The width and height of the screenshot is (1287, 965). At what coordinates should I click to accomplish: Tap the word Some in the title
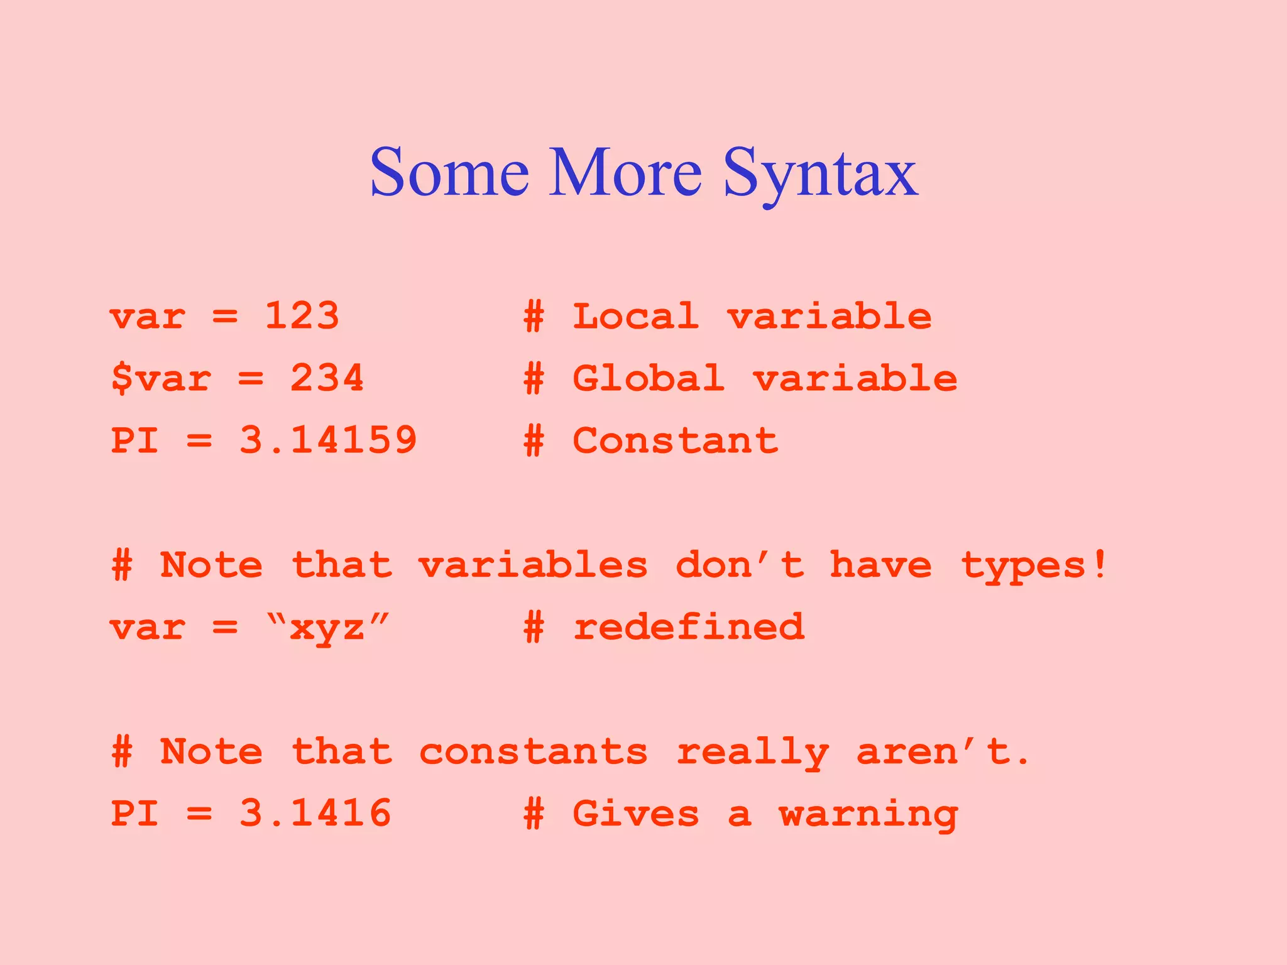tap(449, 173)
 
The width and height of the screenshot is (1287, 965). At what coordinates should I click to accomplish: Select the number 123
tap(302, 315)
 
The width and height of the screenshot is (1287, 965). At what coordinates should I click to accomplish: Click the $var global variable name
tap(161, 378)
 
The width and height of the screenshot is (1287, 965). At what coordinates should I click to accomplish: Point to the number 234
tap(327, 378)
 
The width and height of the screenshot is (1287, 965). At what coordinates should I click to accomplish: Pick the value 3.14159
tap(328, 440)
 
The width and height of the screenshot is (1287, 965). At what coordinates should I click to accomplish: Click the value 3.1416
tap(315, 813)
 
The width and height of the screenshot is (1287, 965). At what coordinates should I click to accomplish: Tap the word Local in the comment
tap(635, 315)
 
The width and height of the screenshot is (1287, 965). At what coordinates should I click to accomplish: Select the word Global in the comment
tap(648, 378)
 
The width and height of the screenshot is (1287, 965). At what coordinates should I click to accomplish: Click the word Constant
tap(675, 440)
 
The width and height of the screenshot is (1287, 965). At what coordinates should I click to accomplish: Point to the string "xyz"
tap(327, 627)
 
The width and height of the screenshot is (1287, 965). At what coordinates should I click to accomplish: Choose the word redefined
tap(688, 627)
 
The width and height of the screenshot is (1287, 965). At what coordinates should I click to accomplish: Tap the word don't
tap(740, 565)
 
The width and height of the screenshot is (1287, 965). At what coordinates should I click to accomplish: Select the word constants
tap(533, 751)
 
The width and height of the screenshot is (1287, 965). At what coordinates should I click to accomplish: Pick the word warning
tap(868, 814)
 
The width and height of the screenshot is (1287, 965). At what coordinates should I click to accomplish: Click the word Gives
tap(635, 813)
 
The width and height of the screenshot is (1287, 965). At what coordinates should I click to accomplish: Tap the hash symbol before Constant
tap(534, 440)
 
